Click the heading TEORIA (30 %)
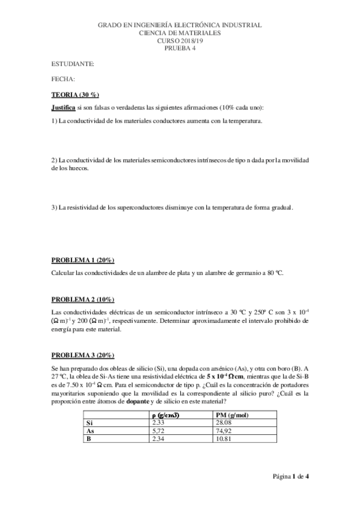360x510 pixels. click(x=75, y=95)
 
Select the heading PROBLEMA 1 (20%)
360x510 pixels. click(x=83, y=260)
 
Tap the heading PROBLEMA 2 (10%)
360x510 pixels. click(x=83, y=300)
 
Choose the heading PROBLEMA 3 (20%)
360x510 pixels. click(x=83, y=355)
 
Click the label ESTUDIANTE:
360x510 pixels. click(x=73, y=63)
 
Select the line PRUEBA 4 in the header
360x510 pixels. click(x=180, y=49)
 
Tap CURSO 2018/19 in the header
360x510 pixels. click(x=180, y=41)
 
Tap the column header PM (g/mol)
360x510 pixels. click(x=231, y=414)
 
